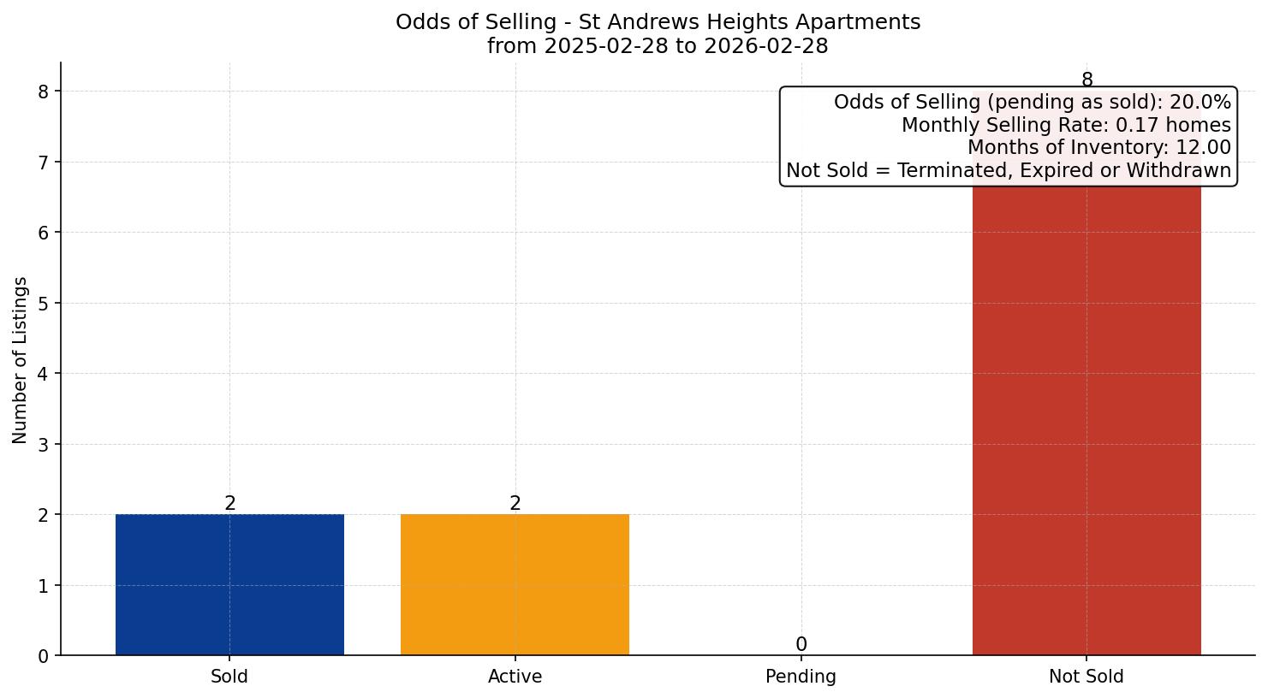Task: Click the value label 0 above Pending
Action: tap(801, 644)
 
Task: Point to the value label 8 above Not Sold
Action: tap(1086, 80)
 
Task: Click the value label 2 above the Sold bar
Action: tap(229, 503)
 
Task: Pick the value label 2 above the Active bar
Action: tap(515, 503)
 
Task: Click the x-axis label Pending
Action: tap(801, 677)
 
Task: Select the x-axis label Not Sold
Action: tap(1086, 677)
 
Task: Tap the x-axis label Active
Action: tap(515, 677)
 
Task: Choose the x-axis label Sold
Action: tap(229, 677)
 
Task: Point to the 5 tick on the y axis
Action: tap(44, 303)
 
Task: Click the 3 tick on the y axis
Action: tap(44, 444)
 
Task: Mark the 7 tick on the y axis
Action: tap(44, 162)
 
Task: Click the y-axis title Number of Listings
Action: tap(21, 359)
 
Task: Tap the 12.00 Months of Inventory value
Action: tap(1203, 148)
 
